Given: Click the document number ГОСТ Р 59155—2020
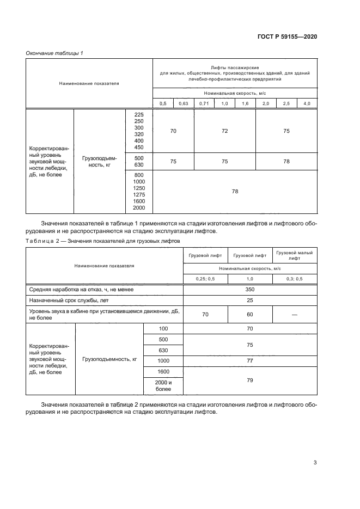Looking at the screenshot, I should coord(287,36).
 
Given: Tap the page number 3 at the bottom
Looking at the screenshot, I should coord(315,463).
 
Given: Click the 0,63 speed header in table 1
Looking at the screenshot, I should coord(183,103).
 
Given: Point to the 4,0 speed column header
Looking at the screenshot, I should coord(307,103).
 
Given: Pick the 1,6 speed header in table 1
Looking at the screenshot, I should coord(245,103).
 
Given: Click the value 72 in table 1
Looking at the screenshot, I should coord(224,131).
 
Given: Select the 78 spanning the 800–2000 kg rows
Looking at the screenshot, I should coord(235,191).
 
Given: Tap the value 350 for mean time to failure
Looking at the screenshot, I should coord(250,289).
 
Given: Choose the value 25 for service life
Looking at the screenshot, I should coord(250,300).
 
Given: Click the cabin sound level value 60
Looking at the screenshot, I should coord(250,314).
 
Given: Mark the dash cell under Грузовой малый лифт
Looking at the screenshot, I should coord(294,314).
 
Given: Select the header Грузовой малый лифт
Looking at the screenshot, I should coord(294,255).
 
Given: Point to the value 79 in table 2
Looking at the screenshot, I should coord(250,380).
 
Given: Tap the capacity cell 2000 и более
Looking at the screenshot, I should coord(163,386).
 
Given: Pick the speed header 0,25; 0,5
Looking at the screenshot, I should coord(205,279).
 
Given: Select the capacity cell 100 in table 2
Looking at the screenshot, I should coord(163,329).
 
